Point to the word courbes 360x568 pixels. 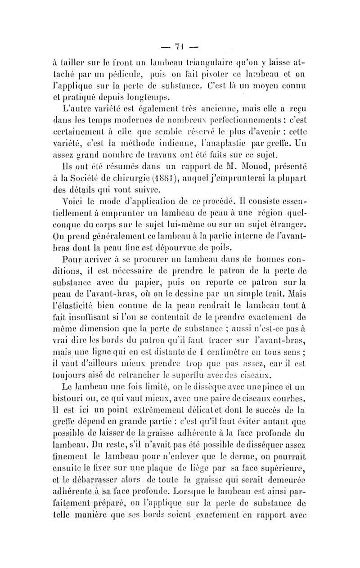tap(318, 396)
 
